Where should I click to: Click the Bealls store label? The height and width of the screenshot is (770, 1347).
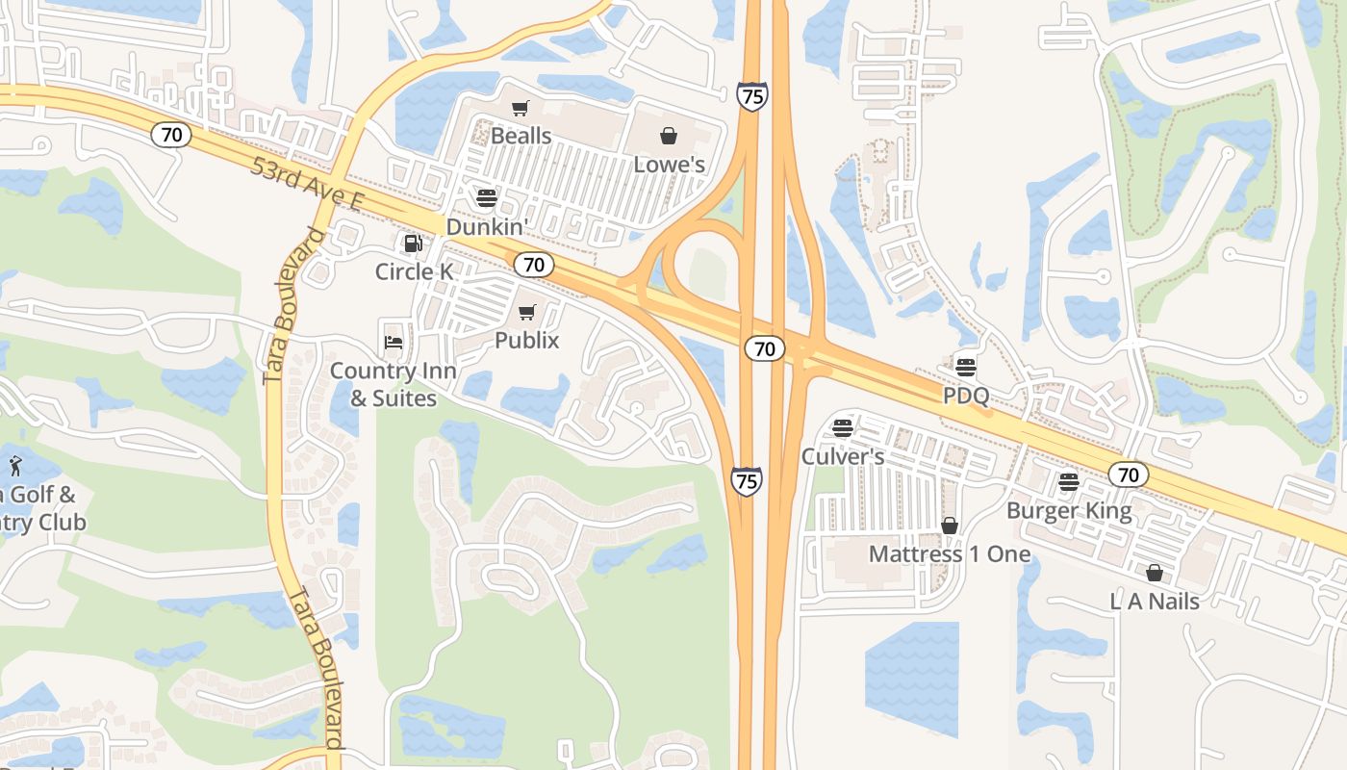(x=521, y=136)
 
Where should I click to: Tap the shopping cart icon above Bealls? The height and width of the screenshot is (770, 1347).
(x=521, y=109)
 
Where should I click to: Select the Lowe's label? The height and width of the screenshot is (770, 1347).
(x=669, y=165)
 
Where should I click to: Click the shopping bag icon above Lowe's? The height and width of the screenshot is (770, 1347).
(x=669, y=136)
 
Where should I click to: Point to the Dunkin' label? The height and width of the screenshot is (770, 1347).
(x=487, y=227)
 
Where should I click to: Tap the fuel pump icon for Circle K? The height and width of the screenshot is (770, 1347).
(x=413, y=244)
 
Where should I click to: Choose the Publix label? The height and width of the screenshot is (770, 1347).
(x=526, y=340)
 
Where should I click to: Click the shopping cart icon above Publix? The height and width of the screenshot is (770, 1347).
(x=526, y=312)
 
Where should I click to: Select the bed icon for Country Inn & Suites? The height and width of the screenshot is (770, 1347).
(x=393, y=342)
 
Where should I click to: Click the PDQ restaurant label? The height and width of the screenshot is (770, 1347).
(x=965, y=396)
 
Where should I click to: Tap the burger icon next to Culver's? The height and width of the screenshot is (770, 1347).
(x=843, y=427)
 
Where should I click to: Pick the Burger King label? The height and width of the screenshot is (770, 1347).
(x=1069, y=510)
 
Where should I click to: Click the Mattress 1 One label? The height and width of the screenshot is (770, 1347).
(x=949, y=554)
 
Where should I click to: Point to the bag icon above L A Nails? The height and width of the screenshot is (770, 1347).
(x=1155, y=573)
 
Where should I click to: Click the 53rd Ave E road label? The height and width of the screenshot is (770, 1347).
(x=306, y=184)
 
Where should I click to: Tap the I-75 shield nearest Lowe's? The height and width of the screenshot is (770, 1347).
(x=752, y=96)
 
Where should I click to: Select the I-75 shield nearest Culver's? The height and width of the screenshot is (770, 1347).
(x=746, y=480)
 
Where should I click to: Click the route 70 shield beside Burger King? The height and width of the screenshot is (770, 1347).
(x=1128, y=475)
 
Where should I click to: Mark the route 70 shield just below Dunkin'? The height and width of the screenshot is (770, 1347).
(x=533, y=265)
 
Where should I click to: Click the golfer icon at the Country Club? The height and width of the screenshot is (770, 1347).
(x=16, y=467)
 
